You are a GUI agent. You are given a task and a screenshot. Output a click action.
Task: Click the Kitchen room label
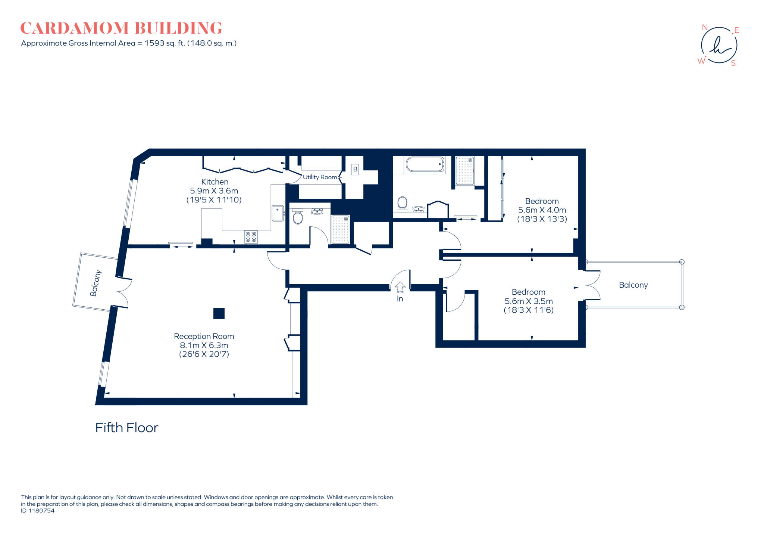(215, 182)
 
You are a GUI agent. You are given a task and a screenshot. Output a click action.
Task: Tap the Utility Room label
(320, 177)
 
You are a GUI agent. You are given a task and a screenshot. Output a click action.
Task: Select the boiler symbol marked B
(355, 169)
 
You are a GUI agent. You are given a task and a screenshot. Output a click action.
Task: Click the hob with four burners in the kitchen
(251, 237)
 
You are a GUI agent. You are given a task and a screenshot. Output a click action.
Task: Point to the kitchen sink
(277, 213)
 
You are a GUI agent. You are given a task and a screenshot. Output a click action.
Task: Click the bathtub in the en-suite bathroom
(425, 164)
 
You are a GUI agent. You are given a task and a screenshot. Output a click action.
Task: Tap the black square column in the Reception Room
(219, 313)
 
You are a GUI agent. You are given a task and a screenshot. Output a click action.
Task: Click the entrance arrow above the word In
(400, 287)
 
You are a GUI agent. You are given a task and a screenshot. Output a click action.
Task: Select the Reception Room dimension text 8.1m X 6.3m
(204, 346)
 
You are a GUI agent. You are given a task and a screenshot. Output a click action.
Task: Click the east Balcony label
(633, 285)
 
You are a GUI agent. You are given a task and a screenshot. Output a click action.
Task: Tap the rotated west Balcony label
(95, 283)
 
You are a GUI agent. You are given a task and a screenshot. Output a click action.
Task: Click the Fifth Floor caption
(127, 428)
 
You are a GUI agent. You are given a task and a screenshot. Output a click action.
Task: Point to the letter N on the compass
(705, 27)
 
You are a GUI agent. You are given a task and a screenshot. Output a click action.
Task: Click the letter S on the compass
(733, 63)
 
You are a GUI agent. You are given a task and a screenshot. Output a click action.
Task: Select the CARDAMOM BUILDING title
(121, 28)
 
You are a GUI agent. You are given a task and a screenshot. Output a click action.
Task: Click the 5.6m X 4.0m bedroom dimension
(542, 210)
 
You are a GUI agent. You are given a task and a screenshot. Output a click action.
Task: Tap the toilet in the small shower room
(298, 218)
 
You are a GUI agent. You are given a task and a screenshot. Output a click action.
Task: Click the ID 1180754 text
(38, 511)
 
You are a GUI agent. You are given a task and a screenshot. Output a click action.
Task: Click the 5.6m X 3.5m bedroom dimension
(528, 301)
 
